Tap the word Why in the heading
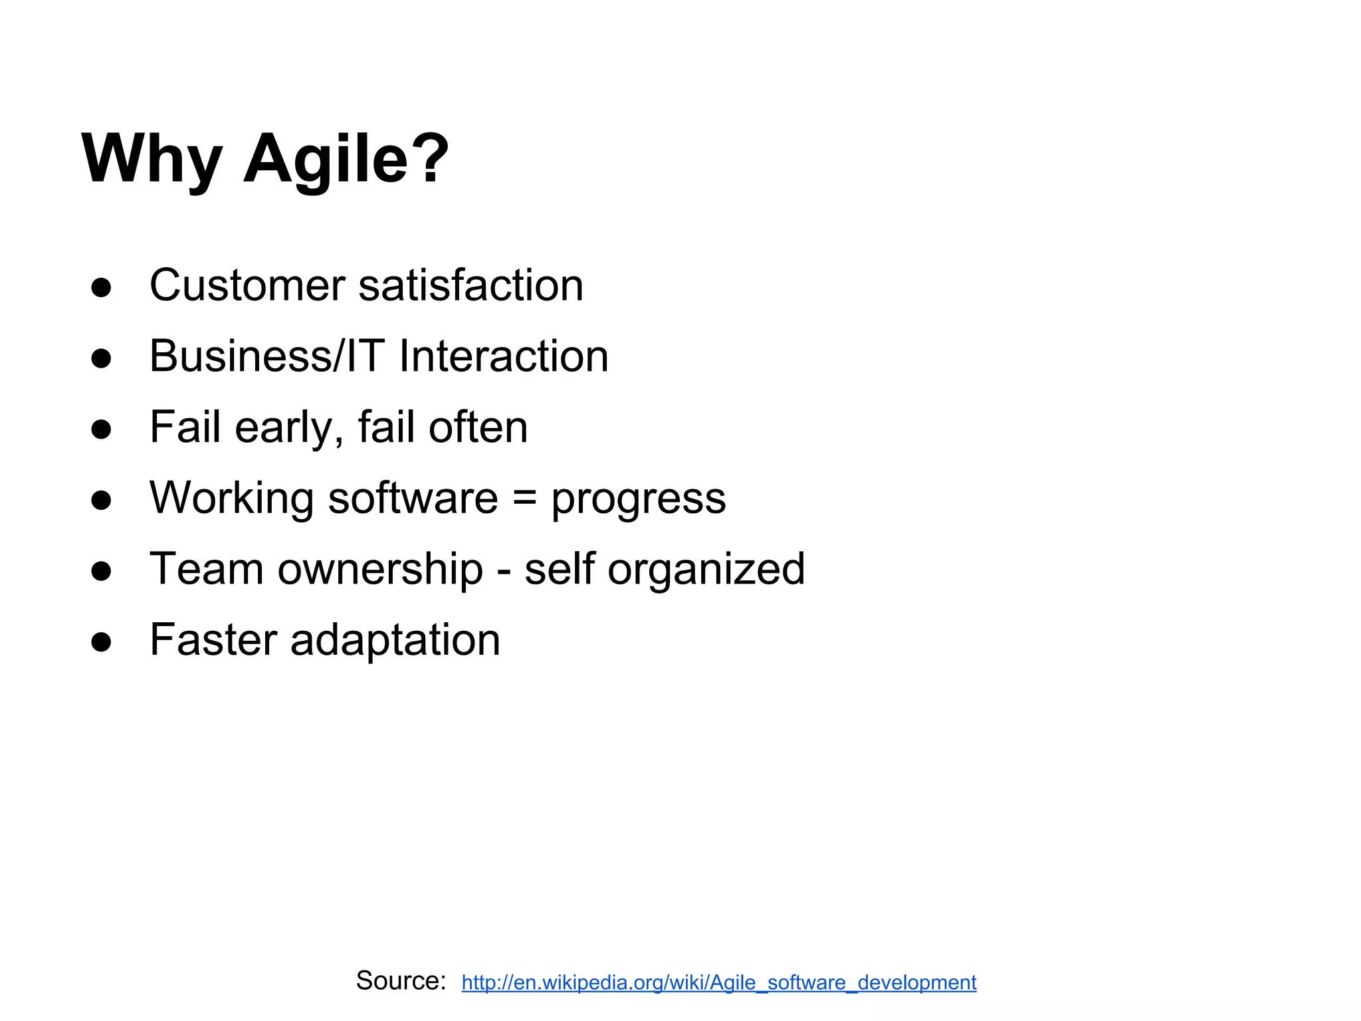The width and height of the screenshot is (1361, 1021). point(152,160)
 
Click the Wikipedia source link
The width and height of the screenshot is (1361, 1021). point(718,982)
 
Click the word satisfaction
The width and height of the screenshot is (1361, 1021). point(471,285)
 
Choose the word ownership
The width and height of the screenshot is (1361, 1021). point(380,570)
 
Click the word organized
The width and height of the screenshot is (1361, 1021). point(706,570)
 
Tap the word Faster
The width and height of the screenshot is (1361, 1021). point(213,640)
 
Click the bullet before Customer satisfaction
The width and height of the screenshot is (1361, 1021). point(102,288)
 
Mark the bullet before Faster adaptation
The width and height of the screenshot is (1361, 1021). point(102,643)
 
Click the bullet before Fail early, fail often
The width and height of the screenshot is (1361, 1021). point(102,430)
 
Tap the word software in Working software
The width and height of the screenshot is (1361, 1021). point(413,498)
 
